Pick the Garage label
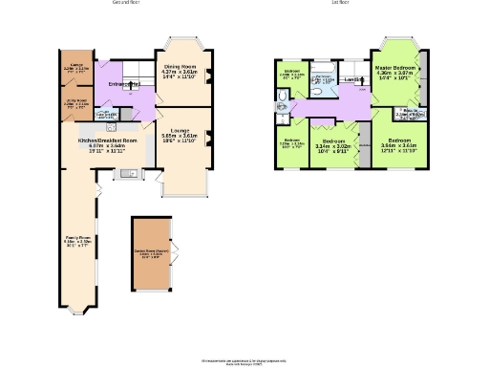pyautogui.click(x=76, y=67)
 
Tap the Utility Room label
pyautogui.click(x=76, y=97)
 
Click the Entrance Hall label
pyautogui.click(x=125, y=87)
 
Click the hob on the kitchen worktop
pyautogui.click(x=112, y=126)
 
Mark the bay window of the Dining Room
pyautogui.click(x=181, y=42)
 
